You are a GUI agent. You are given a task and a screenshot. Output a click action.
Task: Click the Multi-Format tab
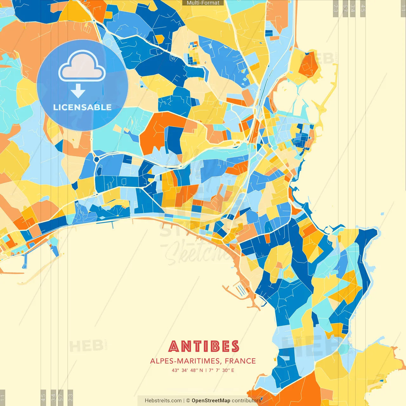click(x=203, y=3)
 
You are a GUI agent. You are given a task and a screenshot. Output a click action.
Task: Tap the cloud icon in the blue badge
click(x=82, y=67)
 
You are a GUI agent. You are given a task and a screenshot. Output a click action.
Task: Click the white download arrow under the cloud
click(x=78, y=91)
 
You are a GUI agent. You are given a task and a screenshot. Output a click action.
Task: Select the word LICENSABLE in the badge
click(x=82, y=107)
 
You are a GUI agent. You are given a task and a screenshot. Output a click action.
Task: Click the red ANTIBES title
click(x=203, y=346)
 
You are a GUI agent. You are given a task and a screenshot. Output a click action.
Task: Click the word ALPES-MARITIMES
click(x=185, y=361)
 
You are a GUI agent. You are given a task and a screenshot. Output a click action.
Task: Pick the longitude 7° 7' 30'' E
click(x=221, y=370)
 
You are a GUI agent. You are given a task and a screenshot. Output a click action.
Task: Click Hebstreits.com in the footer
click(x=163, y=401)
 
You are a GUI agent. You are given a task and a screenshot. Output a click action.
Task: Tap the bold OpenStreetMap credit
click(x=211, y=401)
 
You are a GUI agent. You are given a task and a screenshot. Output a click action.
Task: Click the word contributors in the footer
click(x=246, y=401)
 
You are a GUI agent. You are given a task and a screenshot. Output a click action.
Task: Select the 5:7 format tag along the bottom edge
click(x=61, y=397)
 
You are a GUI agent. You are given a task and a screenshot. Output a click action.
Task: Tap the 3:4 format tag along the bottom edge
click(x=53, y=397)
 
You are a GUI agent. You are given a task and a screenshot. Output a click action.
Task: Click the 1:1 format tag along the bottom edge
click(x=3, y=398)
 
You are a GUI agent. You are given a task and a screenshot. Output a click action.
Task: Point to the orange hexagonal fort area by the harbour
click(x=309, y=65)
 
